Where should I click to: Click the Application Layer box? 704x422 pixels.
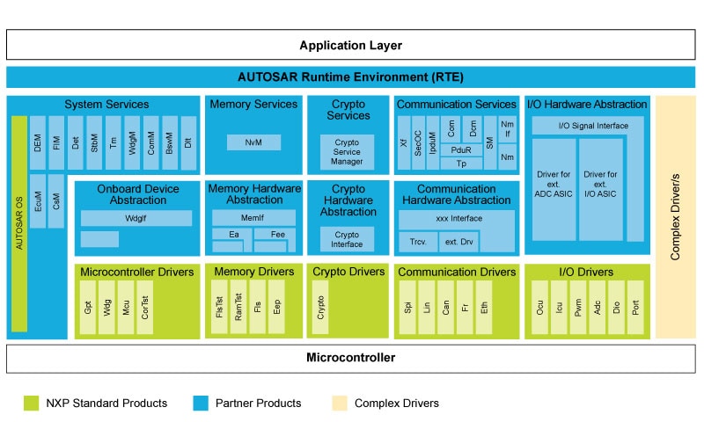pos(351,45)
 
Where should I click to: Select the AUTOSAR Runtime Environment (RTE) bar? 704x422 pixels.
pos(351,76)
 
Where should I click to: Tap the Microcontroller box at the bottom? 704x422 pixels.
pos(351,358)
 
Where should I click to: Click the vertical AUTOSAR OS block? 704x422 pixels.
pos(19,224)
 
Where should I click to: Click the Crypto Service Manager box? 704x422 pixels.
pos(347,151)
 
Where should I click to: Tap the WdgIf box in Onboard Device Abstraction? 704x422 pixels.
pos(136,218)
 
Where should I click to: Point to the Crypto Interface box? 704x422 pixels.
pos(347,239)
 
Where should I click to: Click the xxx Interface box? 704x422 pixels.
pos(454,218)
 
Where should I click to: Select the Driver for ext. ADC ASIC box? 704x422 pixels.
pos(554,189)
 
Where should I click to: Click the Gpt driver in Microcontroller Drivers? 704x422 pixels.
pos(89,308)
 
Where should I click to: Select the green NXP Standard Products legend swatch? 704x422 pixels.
pos(32,404)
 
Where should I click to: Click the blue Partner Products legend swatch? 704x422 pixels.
pos(201,404)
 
